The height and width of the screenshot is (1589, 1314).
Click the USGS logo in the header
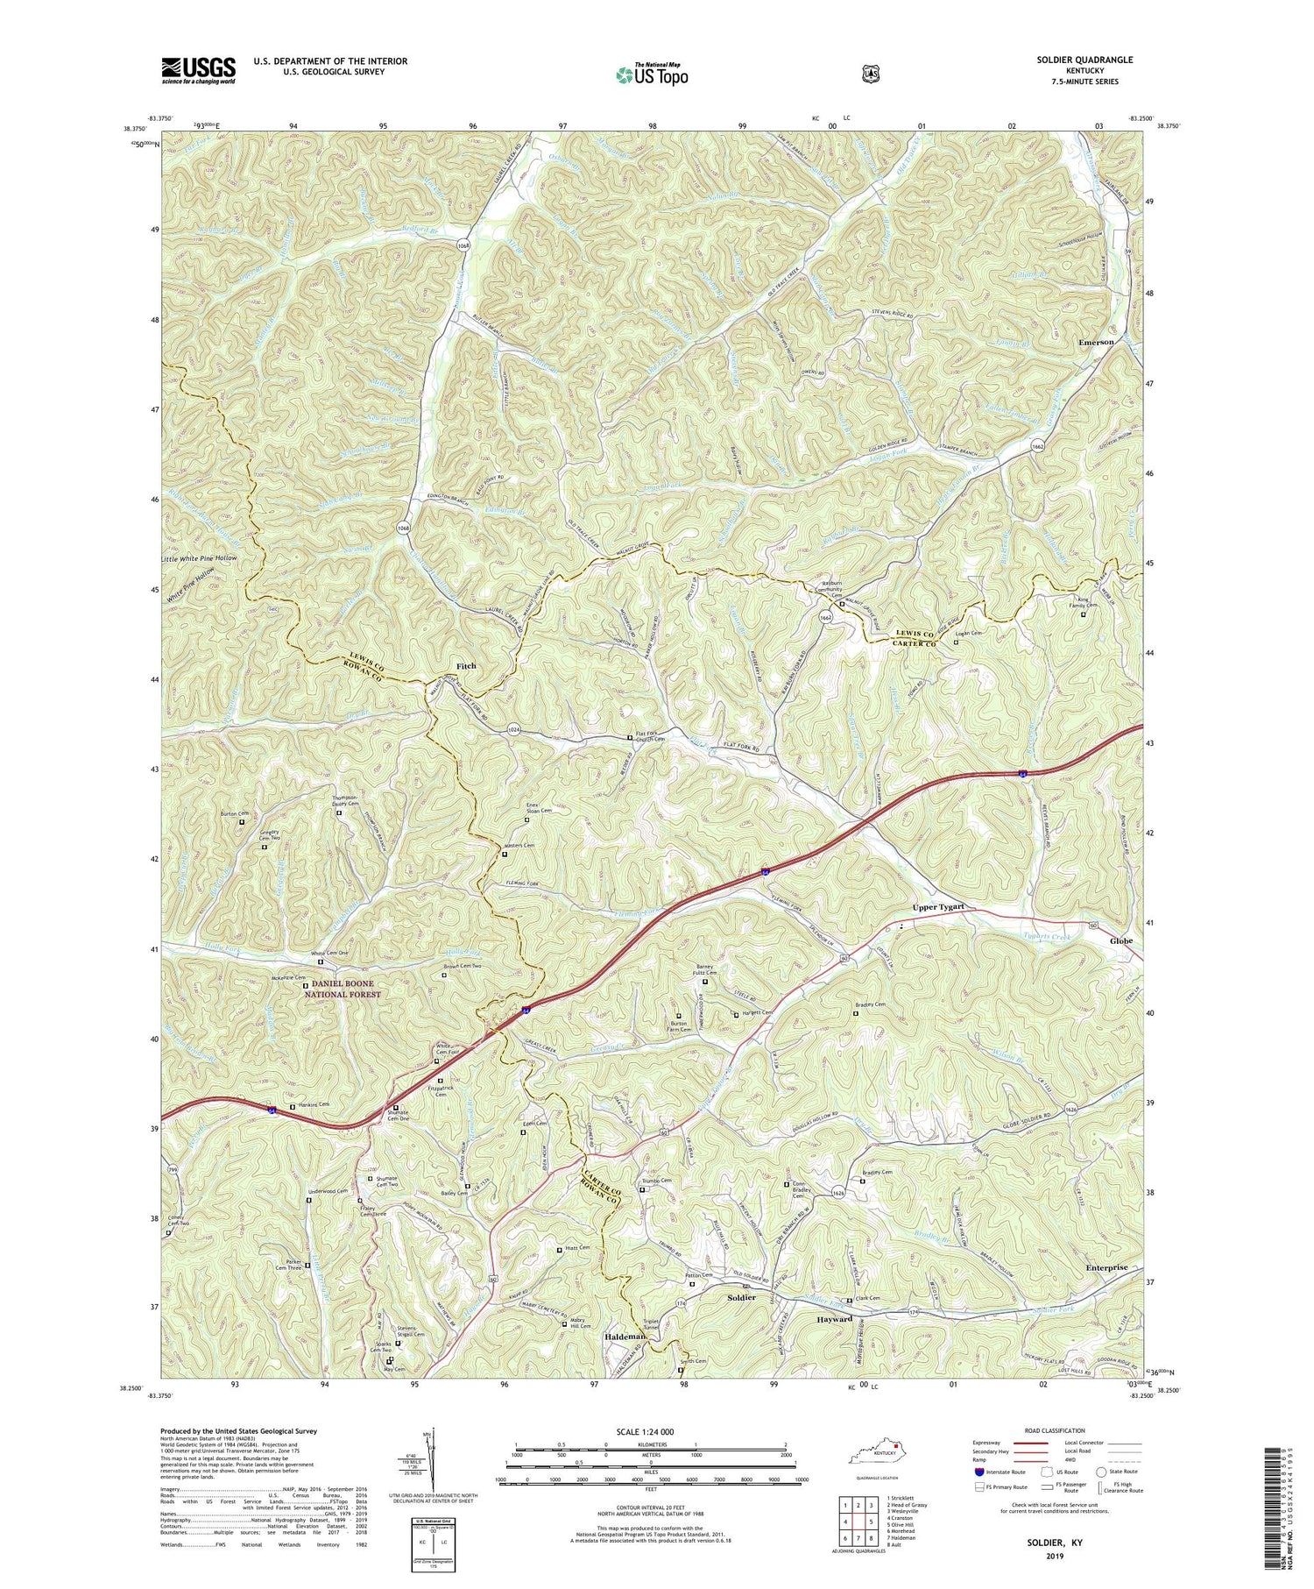coord(199,69)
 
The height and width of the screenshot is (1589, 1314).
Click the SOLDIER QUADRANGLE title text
coord(1089,60)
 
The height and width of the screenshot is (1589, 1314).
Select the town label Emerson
coord(1096,342)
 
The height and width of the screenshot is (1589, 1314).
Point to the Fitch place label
coord(466,666)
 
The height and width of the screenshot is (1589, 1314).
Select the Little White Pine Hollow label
coord(199,557)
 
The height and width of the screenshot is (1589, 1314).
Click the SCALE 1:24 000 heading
coord(651,1431)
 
